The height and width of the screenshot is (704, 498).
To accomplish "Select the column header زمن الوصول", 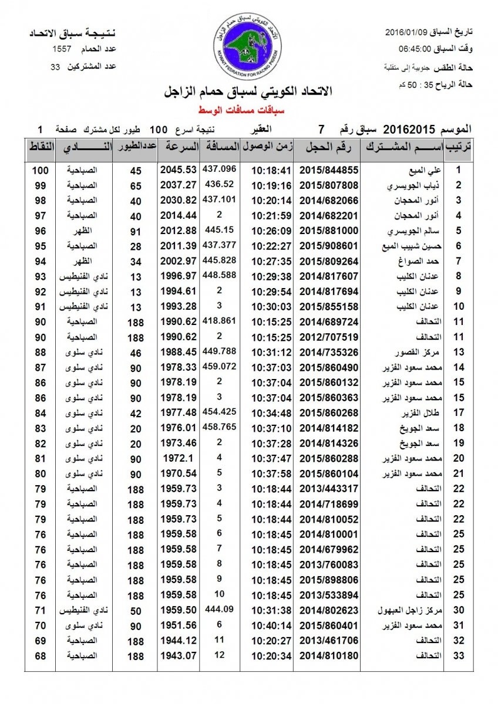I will [268, 148].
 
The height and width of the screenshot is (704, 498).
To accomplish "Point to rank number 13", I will [460, 352].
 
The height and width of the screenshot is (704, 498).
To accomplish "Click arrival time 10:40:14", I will [271, 625].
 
